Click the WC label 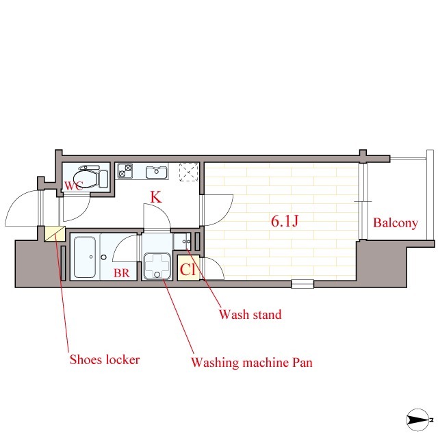tap(74, 185)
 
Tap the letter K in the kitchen tap(156, 197)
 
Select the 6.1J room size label tap(285, 221)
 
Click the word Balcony tap(396, 223)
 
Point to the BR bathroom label tap(122, 273)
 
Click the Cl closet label tap(188, 270)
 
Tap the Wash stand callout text tap(250, 314)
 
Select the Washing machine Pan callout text tap(252, 362)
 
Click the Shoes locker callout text tap(105, 359)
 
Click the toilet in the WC tap(90, 177)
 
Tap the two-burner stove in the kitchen tap(125, 170)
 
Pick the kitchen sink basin tap(157, 172)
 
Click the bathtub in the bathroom tap(85, 257)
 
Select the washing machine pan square tap(157, 266)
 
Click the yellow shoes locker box tap(55, 233)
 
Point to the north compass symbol tap(418, 420)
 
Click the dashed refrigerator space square tap(189, 172)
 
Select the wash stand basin tap(182, 242)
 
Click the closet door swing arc tap(215, 268)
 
